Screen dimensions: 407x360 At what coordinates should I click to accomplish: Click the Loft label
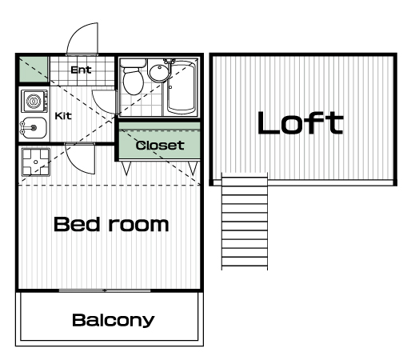[x=301, y=122]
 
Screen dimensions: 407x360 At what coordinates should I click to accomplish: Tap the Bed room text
[x=111, y=224]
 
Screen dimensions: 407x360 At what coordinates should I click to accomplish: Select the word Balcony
[x=114, y=320]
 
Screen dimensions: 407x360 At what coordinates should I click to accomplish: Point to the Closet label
[x=160, y=146]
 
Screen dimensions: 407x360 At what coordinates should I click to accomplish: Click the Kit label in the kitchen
[x=63, y=116]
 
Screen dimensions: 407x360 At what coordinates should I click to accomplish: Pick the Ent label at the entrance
[x=82, y=70]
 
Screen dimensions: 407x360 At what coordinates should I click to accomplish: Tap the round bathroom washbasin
[x=159, y=72]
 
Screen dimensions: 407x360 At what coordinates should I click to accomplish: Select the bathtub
[x=182, y=86]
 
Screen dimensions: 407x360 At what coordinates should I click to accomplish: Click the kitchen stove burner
[x=34, y=101]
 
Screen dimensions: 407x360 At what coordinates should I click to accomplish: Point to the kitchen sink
[x=34, y=128]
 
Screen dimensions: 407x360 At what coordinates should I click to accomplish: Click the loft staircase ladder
[x=245, y=222]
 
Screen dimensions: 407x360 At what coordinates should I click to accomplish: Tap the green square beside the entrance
[x=34, y=70]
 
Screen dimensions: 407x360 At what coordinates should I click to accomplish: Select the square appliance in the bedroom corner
[x=36, y=162]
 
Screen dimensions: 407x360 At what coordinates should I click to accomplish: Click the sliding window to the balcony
[x=105, y=290]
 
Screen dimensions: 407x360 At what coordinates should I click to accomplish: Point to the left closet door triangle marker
[x=126, y=168]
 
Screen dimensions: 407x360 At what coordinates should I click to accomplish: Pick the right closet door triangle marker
[x=193, y=168]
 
